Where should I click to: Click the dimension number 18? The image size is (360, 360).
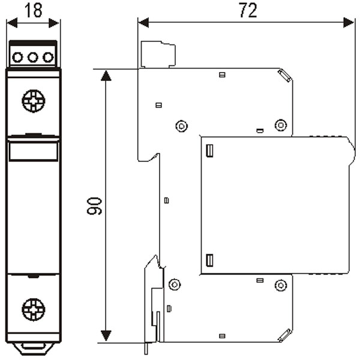(34, 10)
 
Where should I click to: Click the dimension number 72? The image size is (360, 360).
(248, 10)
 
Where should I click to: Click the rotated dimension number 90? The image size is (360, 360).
(94, 206)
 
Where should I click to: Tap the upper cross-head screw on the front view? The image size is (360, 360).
(34, 101)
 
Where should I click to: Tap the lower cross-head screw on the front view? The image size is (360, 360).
(34, 310)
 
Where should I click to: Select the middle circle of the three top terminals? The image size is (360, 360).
(33, 57)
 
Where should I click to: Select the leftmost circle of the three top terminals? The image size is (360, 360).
(17, 57)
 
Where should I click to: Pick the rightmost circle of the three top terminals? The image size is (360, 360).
(48, 57)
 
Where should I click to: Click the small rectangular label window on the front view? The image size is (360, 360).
(34, 151)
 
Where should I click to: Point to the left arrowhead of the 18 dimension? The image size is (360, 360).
(12, 23)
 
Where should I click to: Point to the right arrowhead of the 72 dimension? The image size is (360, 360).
(349, 23)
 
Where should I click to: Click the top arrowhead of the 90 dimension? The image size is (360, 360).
(106, 76)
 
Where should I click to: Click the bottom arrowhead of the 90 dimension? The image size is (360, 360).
(106, 335)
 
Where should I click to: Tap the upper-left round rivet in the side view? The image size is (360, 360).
(182, 126)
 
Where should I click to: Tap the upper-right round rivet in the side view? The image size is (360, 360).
(281, 125)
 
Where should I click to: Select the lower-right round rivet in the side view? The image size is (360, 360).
(281, 286)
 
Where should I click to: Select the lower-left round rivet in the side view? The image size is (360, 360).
(175, 284)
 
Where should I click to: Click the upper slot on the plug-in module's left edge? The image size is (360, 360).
(209, 151)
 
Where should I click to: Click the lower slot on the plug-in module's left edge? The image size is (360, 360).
(209, 260)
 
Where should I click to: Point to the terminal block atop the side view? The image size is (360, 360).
(158, 55)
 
